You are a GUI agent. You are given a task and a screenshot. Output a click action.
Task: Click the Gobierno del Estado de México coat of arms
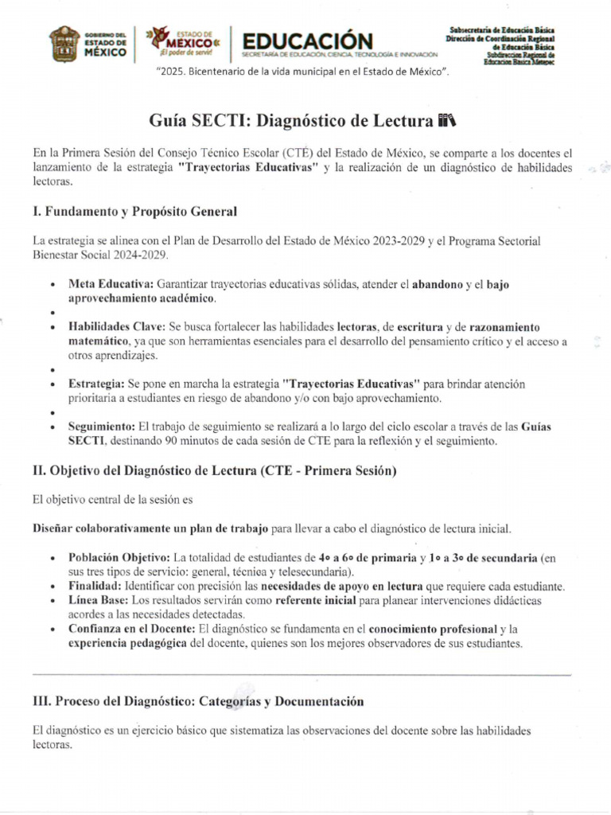tap(64, 44)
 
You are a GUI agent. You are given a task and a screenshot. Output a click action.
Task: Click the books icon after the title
tap(448, 121)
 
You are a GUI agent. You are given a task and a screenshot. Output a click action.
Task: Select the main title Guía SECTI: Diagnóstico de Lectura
tap(292, 121)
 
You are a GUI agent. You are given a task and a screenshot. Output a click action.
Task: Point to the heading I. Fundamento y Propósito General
tap(134, 212)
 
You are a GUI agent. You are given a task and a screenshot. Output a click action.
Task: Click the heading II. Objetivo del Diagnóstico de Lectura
tap(214, 471)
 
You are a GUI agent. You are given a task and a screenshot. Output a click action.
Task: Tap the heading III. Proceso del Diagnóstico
tap(198, 701)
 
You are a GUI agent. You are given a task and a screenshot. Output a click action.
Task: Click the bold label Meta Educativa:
tap(111, 283)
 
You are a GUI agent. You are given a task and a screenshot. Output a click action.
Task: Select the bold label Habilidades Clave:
tap(117, 327)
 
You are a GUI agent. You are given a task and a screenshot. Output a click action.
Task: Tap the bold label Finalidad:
tap(95, 586)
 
